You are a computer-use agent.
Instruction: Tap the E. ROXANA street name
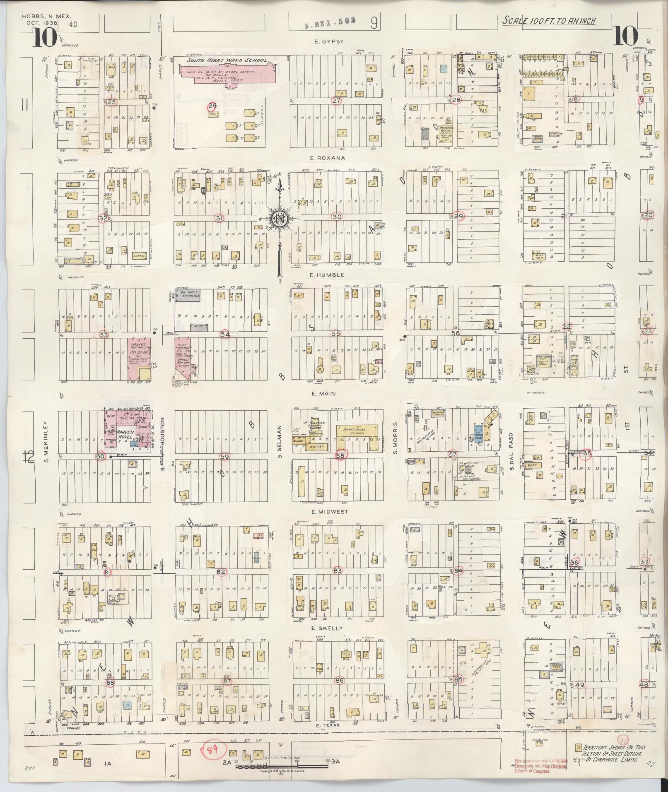[329, 158]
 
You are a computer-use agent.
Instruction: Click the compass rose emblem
[280, 219]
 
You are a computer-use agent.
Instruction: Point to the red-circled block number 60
[100, 456]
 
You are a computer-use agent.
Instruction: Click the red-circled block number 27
[336, 101]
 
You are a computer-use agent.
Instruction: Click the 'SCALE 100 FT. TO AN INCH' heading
[549, 21]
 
